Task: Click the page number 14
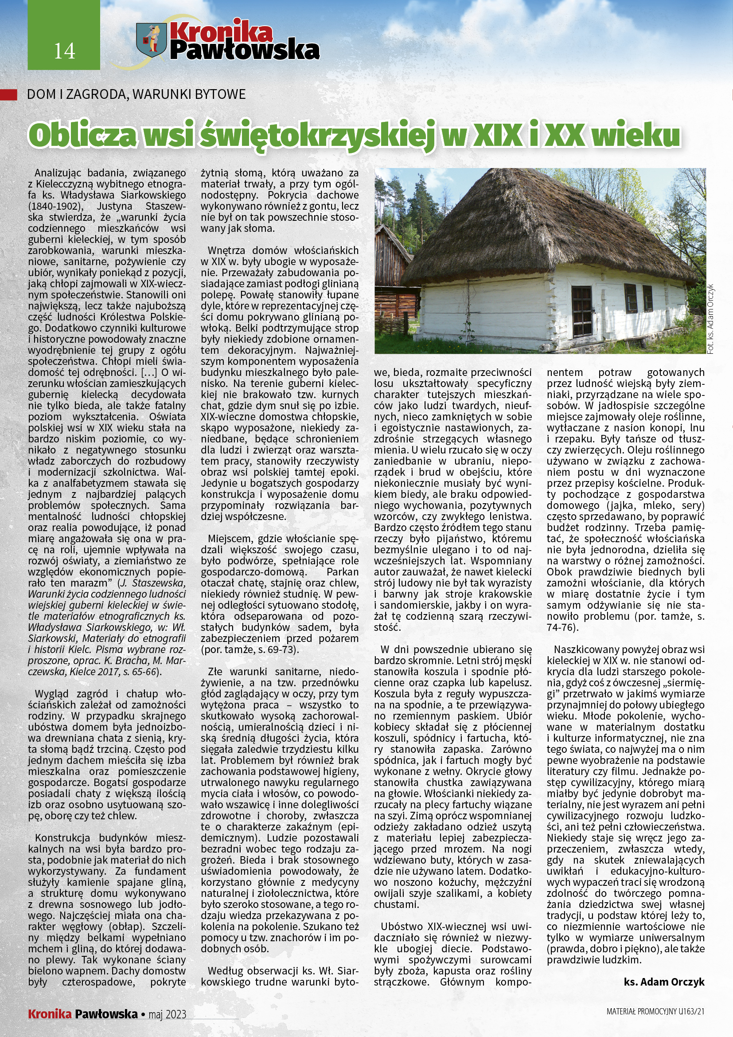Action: [x=64, y=51]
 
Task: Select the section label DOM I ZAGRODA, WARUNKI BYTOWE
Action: [x=136, y=94]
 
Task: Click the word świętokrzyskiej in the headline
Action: [x=318, y=135]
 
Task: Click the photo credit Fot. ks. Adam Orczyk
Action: [x=710, y=319]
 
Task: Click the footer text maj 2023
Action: [x=167, y=1014]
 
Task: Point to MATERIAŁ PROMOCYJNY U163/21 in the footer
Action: [x=655, y=1011]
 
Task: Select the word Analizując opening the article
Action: [x=57, y=173]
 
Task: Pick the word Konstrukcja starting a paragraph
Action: [x=63, y=838]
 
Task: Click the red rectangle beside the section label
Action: [x=8, y=94]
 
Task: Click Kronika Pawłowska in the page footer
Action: [x=82, y=1014]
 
